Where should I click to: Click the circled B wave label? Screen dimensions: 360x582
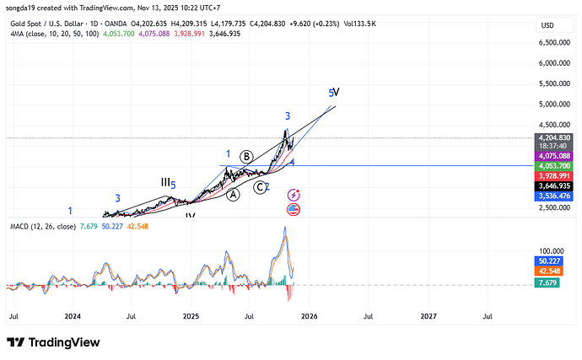click(x=246, y=156)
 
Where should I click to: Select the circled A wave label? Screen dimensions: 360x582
click(x=234, y=193)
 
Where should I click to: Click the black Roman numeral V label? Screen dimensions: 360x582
click(x=336, y=92)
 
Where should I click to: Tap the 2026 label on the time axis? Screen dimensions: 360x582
click(x=308, y=316)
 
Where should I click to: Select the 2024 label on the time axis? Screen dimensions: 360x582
click(x=73, y=316)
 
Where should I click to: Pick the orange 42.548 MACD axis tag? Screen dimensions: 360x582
click(x=552, y=271)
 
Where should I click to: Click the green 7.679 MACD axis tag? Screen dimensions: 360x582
click(x=552, y=283)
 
